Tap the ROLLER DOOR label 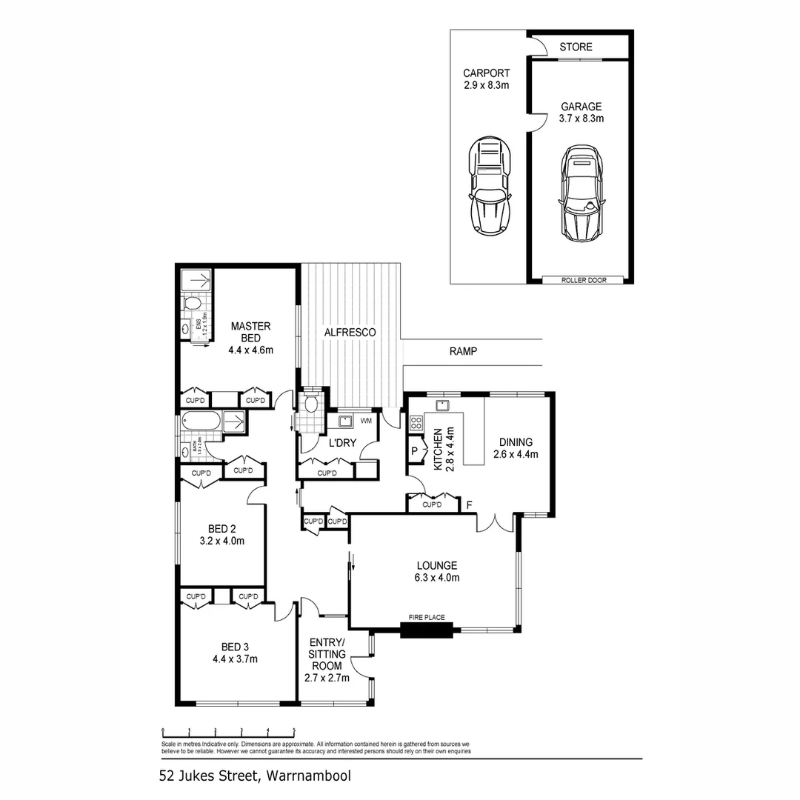(x=580, y=280)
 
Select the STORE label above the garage (x=576, y=47)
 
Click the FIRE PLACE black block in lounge (x=426, y=630)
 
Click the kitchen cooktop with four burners (x=416, y=424)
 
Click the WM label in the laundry (x=366, y=421)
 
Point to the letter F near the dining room (x=469, y=506)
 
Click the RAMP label (x=463, y=352)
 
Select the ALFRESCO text (x=350, y=333)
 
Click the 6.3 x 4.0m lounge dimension (x=436, y=578)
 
